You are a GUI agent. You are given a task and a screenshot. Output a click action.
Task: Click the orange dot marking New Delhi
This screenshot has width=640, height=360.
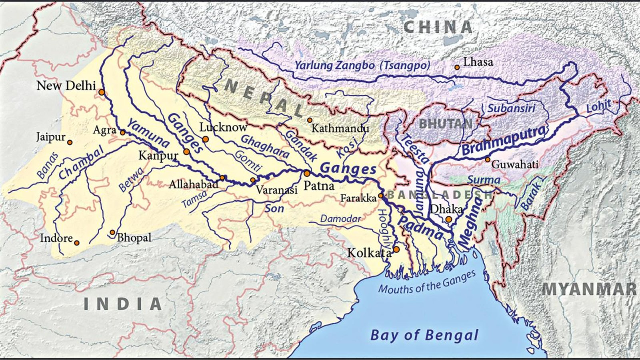(102, 92)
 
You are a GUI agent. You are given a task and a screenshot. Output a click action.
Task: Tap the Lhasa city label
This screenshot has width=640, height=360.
(478, 62)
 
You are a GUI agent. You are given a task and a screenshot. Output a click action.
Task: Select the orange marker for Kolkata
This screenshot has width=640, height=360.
(396, 249)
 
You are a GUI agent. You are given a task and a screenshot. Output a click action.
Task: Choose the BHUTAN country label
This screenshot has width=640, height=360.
(445, 124)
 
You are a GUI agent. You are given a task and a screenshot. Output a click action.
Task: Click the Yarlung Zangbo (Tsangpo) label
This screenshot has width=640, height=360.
(362, 65)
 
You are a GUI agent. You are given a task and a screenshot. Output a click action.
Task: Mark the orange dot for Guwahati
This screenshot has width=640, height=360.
(488, 160)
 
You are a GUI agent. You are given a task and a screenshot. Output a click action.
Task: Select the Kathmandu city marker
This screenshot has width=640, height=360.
(310, 120)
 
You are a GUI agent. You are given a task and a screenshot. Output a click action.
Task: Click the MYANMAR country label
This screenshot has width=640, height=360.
(589, 289)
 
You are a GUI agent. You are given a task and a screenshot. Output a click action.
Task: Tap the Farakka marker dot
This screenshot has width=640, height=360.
(381, 196)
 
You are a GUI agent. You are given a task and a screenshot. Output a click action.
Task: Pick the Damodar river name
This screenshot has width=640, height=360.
(340, 218)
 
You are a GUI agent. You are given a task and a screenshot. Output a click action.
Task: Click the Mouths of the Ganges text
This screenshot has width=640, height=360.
(427, 282)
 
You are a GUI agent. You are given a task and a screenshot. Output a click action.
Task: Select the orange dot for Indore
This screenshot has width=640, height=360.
(77, 243)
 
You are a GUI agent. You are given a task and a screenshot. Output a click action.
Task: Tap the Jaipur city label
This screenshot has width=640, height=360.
(50, 137)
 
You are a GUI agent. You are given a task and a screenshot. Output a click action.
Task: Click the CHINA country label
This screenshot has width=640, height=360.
(438, 27)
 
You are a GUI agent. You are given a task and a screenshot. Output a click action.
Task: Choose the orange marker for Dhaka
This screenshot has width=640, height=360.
(449, 219)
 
